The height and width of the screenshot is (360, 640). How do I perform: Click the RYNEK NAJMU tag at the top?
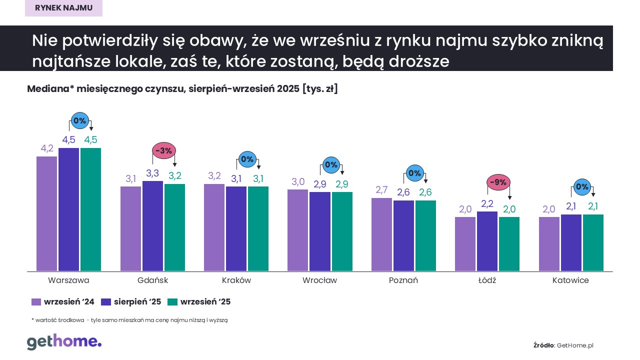pyautogui.click(x=63, y=8)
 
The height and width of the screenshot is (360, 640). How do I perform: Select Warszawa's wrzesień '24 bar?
pyautogui.click(x=46, y=214)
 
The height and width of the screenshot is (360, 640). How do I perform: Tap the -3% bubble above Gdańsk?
pyautogui.click(x=164, y=150)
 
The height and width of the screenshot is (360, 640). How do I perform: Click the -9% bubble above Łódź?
pyautogui.click(x=498, y=182)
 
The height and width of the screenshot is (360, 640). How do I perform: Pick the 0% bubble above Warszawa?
pyautogui.click(x=80, y=120)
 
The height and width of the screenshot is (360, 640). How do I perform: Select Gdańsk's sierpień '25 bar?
pyautogui.click(x=152, y=226)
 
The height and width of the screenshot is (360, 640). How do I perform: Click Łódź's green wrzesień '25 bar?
pyautogui.click(x=509, y=244)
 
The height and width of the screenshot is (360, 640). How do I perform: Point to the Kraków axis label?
pyautogui.click(x=236, y=280)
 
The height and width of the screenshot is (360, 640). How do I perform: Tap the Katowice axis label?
pyautogui.click(x=570, y=280)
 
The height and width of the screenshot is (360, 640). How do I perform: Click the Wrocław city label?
pyautogui.click(x=319, y=280)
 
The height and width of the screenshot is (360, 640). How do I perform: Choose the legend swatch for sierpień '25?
pyautogui.click(x=106, y=302)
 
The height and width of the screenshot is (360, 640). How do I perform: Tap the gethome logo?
pyautogui.click(x=64, y=342)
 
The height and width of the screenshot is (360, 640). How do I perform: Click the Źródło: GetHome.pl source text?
pyautogui.click(x=563, y=345)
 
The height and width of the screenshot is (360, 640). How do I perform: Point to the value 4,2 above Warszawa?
pyautogui.click(x=47, y=148)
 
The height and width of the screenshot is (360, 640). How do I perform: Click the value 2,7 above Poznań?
pyautogui.click(x=381, y=189)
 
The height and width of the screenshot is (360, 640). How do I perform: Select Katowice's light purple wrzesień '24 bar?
pyautogui.click(x=549, y=244)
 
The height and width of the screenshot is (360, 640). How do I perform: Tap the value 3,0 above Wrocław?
pyautogui.click(x=297, y=181)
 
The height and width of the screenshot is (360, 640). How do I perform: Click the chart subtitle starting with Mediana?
pyautogui.click(x=182, y=89)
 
